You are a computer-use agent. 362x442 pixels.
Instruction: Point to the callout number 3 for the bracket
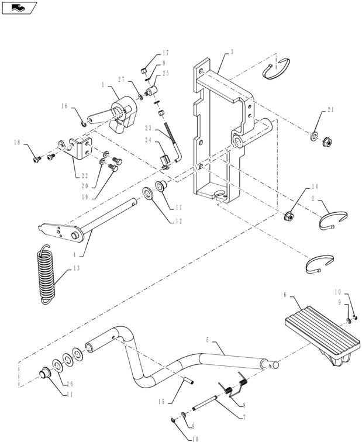tap(232, 52)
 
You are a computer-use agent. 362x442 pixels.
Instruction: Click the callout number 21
tap(330, 110)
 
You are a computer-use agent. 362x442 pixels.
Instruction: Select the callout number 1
tap(102, 85)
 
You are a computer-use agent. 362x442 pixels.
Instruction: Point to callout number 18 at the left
tap(16, 142)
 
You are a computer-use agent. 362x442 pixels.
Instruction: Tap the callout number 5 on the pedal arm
tap(208, 339)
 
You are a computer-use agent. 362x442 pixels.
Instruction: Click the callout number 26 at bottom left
tap(70, 384)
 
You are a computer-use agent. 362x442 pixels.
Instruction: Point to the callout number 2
tap(313, 199)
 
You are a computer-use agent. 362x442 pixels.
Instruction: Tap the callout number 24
tap(147, 140)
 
